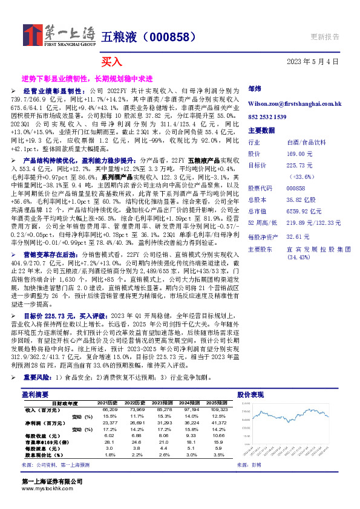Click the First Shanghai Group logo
coord(59,35)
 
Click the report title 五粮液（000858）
coord(148,37)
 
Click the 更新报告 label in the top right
coord(324,37)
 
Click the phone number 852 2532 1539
coord(268,117)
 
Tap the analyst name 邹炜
coord(254,88)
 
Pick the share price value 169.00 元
coord(296,154)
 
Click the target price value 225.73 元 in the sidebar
coord(298,165)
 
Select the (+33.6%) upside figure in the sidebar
coord(300,176)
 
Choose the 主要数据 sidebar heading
coord(261,130)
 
